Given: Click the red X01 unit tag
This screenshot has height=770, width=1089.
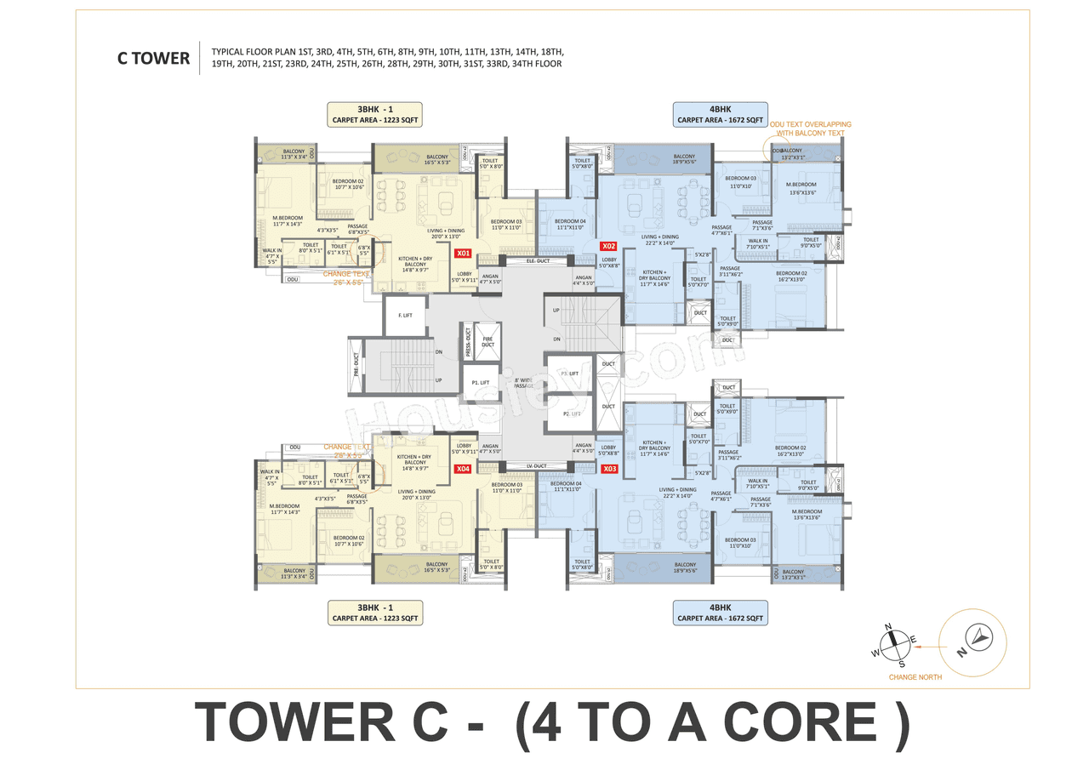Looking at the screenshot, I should click(x=463, y=253).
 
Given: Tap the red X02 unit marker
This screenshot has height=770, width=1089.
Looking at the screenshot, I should click(x=608, y=246).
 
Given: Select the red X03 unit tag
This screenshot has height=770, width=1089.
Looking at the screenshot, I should click(x=609, y=469).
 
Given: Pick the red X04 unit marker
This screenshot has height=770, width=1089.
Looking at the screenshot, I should click(x=463, y=469).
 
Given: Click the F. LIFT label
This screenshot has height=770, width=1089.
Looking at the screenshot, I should click(x=405, y=316).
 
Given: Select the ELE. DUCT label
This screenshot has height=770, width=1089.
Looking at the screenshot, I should click(x=539, y=260).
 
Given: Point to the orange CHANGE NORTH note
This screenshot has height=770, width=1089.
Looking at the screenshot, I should click(x=915, y=677).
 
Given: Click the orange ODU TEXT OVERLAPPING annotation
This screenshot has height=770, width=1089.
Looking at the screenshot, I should click(x=810, y=129).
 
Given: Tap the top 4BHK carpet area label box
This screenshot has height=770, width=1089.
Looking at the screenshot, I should click(x=720, y=114).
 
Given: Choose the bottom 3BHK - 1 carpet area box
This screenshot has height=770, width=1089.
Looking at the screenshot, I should click(x=375, y=613).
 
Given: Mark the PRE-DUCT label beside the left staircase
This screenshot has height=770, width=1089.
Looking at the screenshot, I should click(x=356, y=364).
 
